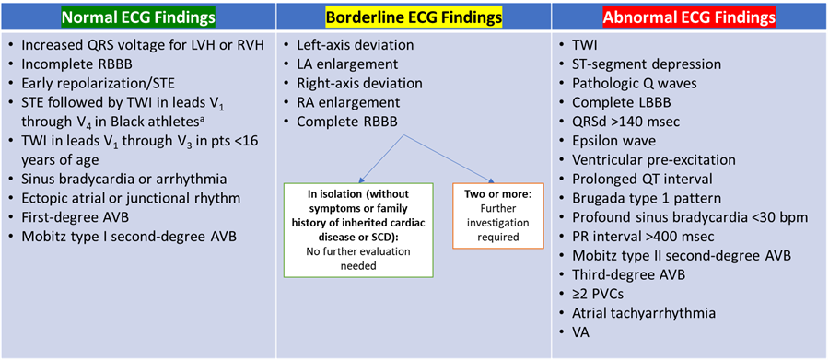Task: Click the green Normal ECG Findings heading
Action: coord(137,17)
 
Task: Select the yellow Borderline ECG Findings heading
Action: coord(414,17)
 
